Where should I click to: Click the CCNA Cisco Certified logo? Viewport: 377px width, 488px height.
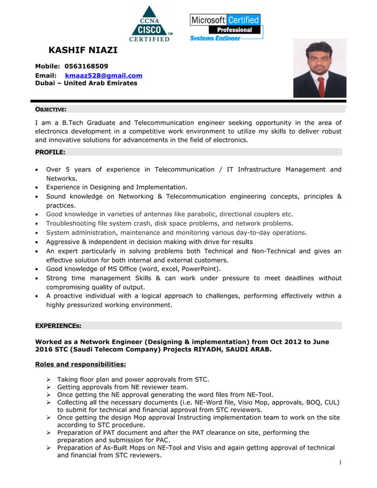pos(150,24)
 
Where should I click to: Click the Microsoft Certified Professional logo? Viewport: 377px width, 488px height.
pos(226,27)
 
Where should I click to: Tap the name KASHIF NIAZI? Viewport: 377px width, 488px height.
pos(83,50)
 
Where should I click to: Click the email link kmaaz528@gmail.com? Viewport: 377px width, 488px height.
pos(103,76)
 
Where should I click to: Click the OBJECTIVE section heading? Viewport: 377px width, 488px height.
pos(51,109)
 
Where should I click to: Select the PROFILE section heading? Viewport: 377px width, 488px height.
pos(50,152)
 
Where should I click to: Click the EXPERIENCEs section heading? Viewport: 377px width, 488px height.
pos(58,326)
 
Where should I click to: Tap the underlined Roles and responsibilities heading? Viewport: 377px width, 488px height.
pos(80,364)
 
